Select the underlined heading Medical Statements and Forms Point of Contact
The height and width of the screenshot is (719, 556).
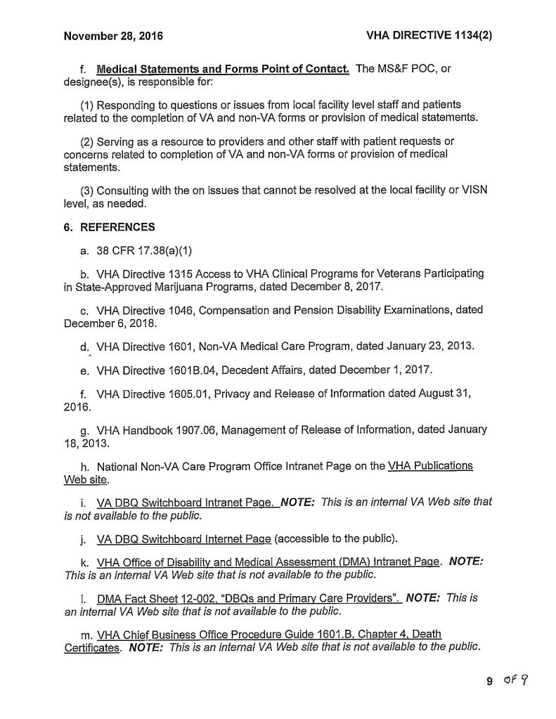click(223, 69)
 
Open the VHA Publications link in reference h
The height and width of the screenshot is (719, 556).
click(429, 465)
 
